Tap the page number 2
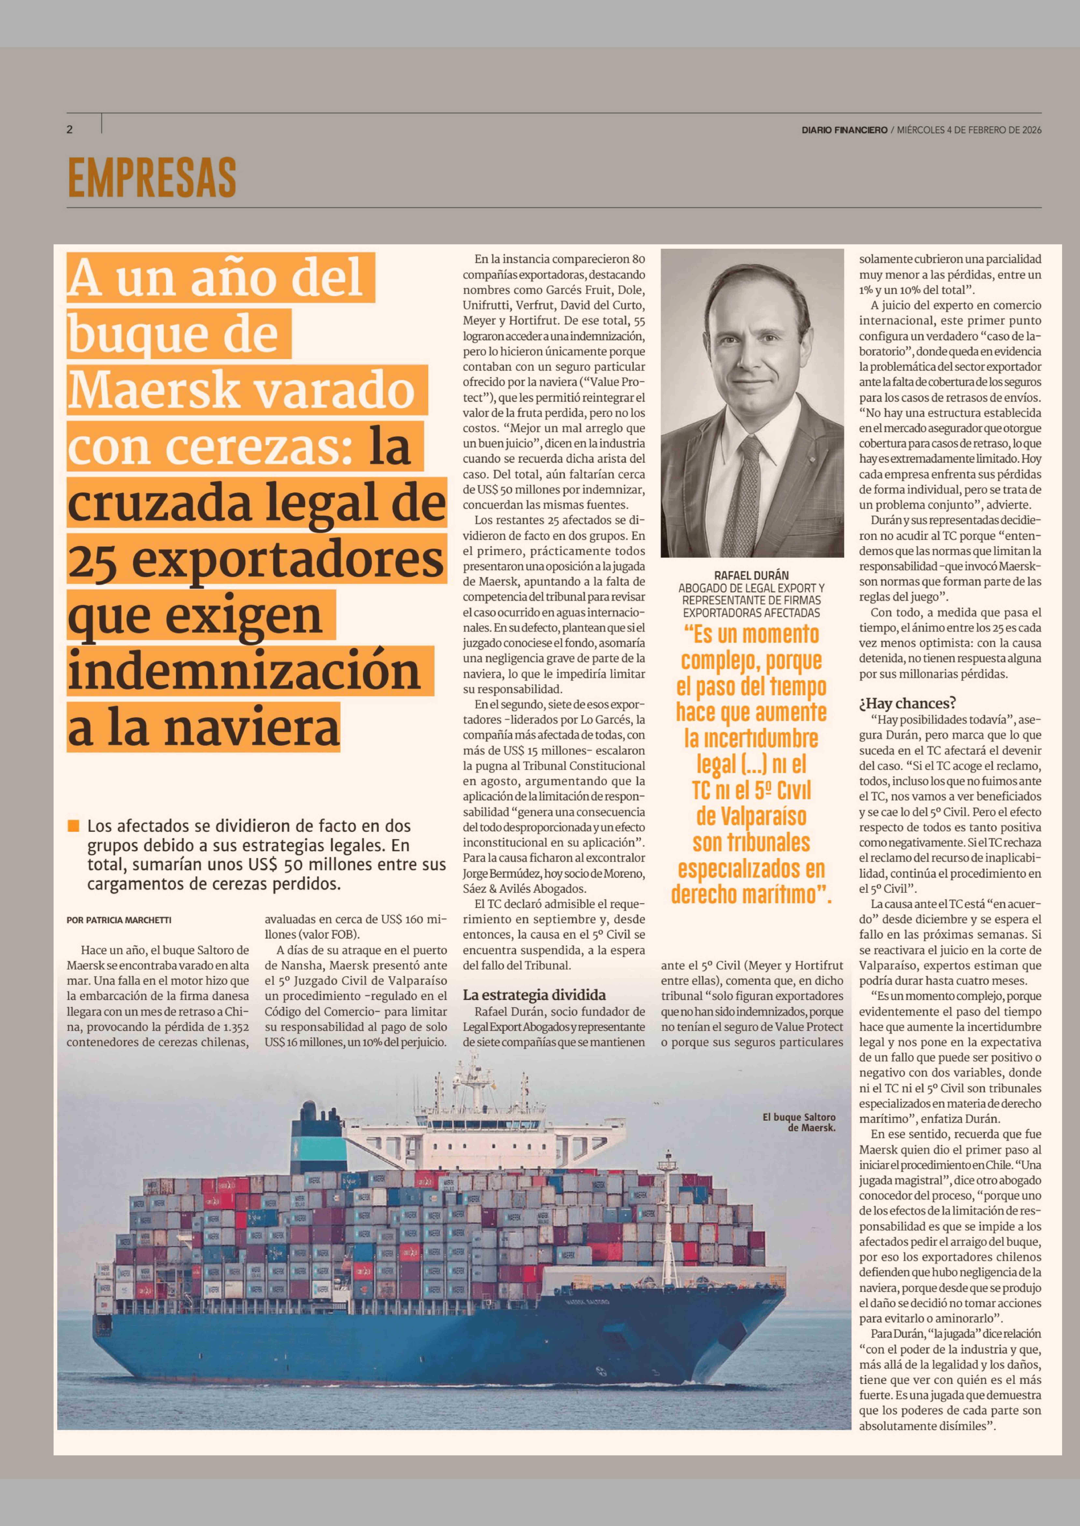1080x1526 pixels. click(69, 130)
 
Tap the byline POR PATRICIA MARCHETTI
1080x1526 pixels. click(119, 920)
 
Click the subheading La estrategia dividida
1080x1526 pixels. click(534, 995)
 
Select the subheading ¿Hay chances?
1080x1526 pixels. click(907, 703)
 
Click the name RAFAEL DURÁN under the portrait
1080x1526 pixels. click(751, 576)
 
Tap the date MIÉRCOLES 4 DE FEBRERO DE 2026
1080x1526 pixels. click(969, 130)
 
